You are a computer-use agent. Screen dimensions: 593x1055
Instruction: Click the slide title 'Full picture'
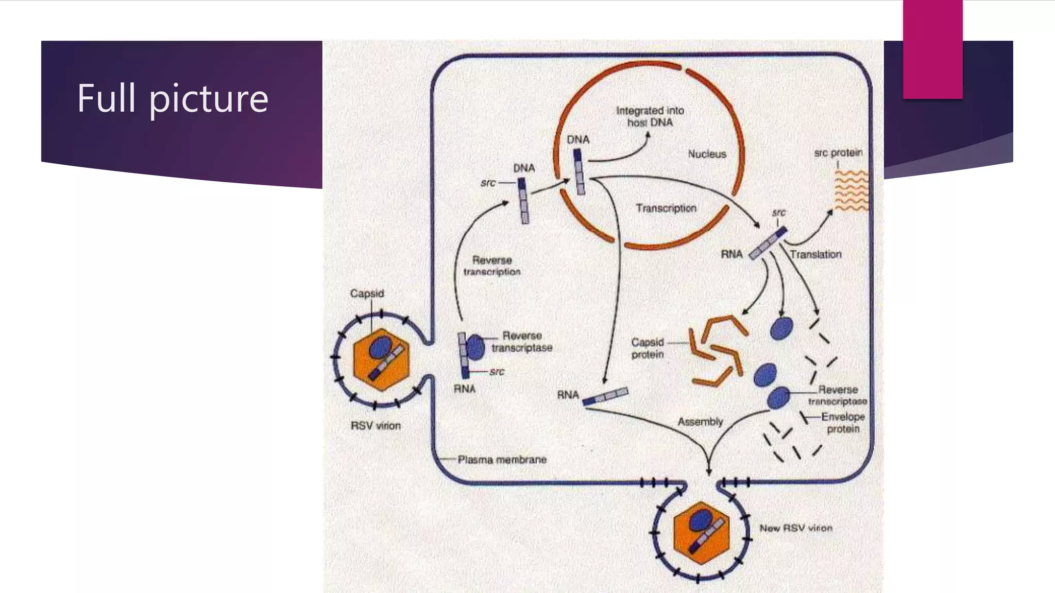pos(173,98)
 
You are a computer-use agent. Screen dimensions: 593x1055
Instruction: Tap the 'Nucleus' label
pos(707,154)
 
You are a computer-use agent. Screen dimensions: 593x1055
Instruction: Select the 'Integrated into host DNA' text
pos(650,116)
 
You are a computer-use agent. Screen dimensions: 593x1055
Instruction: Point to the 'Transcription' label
pos(666,208)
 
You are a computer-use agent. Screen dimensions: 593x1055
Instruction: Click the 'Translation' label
pos(815,254)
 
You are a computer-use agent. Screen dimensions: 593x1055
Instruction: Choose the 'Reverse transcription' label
pos(492,266)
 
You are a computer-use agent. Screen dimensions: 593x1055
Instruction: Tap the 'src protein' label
pos(838,153)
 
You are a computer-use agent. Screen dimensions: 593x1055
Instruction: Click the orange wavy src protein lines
pos(851,191)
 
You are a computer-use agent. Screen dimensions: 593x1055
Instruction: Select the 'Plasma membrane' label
pos(502,460)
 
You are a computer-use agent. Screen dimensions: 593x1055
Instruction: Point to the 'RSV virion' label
pos(376,426)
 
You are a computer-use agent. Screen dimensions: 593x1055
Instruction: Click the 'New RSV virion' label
pos(796,528)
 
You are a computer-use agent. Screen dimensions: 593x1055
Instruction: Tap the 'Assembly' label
pos(700,422)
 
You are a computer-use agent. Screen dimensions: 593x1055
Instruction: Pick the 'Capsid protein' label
pos(648,348)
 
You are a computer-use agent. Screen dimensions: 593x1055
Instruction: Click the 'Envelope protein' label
pos(843,423)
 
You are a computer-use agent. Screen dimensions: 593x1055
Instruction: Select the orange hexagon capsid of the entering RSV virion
pos(363,371)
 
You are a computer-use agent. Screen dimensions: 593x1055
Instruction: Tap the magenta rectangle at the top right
pos(932,49)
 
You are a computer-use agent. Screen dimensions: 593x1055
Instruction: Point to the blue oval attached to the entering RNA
pos(475,347)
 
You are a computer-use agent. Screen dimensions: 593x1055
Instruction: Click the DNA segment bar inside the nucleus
pos(580,172)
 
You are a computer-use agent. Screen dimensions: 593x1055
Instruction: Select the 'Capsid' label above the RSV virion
pos(367,293)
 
